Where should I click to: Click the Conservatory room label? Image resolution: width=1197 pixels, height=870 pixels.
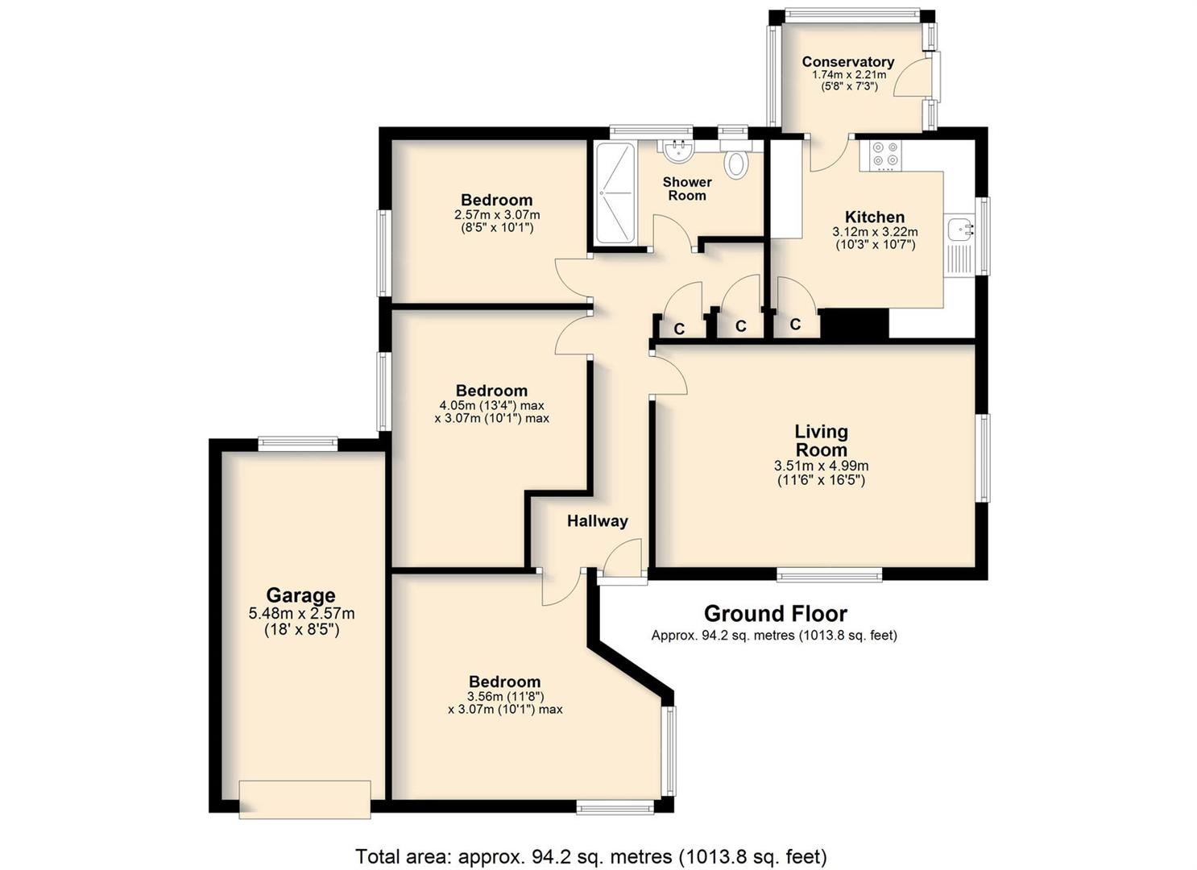(848, 62)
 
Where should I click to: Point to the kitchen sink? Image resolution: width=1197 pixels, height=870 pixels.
(959, 246)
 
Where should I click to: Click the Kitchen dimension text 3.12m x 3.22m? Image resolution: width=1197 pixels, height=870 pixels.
(875, 232)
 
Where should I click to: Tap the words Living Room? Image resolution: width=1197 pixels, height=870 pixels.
(822, 441)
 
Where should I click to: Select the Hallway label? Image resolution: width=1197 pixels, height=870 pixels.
(598, 521)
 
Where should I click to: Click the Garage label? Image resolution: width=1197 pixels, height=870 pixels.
(300, 594)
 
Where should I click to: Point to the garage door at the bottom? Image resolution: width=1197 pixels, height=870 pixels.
(304, 799)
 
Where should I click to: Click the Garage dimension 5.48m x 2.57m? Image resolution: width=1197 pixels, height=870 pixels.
(302, 614)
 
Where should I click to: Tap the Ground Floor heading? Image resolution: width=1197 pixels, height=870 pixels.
(776, 614)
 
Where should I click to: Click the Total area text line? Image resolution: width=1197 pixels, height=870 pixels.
(591, 842)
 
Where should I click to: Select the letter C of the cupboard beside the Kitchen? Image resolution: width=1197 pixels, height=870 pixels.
(795, 324)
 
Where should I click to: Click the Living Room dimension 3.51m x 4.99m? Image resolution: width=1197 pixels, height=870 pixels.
(822, 466)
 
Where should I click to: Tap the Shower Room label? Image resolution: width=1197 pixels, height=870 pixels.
(687, 188)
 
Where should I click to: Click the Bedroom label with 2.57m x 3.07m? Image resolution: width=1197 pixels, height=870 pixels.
(496, 201)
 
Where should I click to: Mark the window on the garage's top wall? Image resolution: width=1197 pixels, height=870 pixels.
(298, 443)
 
